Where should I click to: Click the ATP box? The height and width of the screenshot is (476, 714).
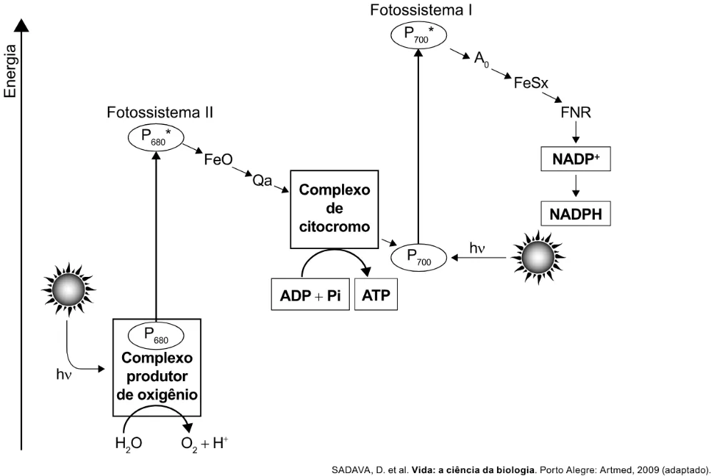(x=376, y=295)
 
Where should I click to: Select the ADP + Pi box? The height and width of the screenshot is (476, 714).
(x=310, y=295)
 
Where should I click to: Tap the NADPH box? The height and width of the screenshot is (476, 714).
(x=575, y=213)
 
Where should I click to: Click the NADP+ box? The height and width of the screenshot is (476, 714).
(x=575, y=159)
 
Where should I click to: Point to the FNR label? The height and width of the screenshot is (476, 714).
(x=575, y=113)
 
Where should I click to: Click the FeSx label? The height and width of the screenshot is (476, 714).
(x=531, y=83)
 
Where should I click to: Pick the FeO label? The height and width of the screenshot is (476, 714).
(x=218, y=160)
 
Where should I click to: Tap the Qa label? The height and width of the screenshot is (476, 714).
(x=262, y=181)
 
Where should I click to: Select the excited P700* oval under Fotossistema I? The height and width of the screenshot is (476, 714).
(x=419, y=34)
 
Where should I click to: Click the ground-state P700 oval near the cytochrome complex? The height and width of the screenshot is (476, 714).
(x=419, y=257)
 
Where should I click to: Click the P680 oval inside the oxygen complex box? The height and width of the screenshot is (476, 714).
(x=156, y=336)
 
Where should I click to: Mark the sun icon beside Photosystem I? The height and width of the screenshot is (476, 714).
(x=538, y=257)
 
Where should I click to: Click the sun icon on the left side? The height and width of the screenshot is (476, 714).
(x=69, y=289)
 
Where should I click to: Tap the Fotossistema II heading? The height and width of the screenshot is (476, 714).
(x=160, y=113)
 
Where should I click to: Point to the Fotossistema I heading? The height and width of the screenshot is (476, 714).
(x=421, y=10)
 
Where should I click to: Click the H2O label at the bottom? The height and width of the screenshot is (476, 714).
(x=129, y=442)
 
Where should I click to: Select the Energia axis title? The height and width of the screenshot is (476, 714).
(x=10, y=71)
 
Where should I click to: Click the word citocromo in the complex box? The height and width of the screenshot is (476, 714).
(x=334, y=227)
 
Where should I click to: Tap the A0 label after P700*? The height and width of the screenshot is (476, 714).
(x=481, y=60)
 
